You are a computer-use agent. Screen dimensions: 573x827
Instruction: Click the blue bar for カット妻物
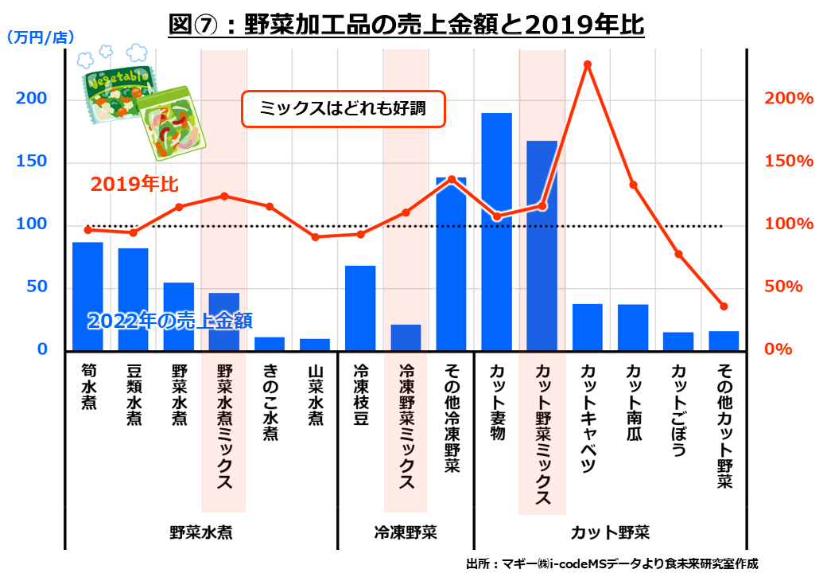(x=497, y=231)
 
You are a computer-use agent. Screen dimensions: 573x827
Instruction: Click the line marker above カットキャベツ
(x=588, y=64)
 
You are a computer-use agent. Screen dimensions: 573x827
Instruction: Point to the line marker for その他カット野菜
(x=724, y=306)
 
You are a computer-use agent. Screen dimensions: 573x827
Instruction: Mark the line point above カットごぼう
(x=678, y=254)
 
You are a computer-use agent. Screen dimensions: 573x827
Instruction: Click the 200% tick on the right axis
(x=788, y=99)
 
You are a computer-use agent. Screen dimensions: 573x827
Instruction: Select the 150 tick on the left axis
(x=33, y=162)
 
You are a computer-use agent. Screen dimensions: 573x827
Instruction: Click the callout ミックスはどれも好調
(x=343, y=110)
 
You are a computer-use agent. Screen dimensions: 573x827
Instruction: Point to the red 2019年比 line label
(x=134, y=185)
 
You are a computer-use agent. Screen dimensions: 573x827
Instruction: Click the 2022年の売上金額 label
(x=169, y=321)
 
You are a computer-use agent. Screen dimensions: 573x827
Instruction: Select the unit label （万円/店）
(x=40, y=37)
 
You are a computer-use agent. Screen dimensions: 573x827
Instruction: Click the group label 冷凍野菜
(x=406, y=532)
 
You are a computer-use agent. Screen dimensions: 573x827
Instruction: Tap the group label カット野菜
(x=610, y=532)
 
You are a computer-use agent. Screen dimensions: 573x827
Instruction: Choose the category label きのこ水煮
(x=270, y=402)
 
